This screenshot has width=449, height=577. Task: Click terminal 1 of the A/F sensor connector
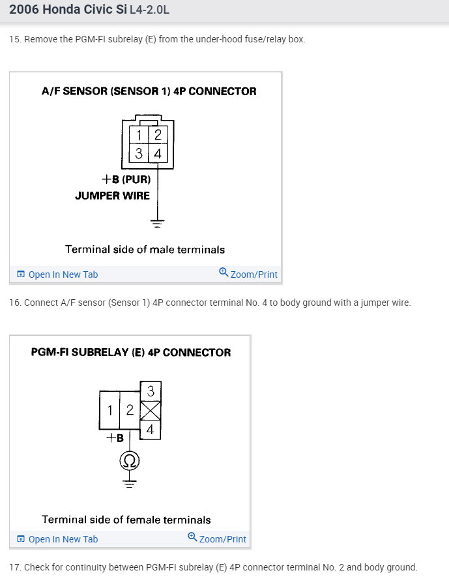(139, 136)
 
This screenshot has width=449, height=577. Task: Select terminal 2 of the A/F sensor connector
(158, 136)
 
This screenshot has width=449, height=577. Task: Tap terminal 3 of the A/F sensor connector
(139, 154)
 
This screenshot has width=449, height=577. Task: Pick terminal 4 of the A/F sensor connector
(158, 154)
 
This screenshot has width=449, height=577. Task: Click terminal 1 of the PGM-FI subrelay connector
(111, 410)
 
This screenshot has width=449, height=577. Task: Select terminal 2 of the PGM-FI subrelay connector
(130, 410)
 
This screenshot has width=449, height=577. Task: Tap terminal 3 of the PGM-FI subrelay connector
(151, 391)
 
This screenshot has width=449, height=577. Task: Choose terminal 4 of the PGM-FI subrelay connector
(151, 430)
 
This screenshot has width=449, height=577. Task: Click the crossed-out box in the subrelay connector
(151, 410)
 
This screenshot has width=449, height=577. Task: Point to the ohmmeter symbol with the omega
(129, 462)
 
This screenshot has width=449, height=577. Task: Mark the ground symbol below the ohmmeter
(129, 484)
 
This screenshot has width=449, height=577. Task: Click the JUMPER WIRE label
(112, 196)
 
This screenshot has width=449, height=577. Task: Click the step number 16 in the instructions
(14, 303)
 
